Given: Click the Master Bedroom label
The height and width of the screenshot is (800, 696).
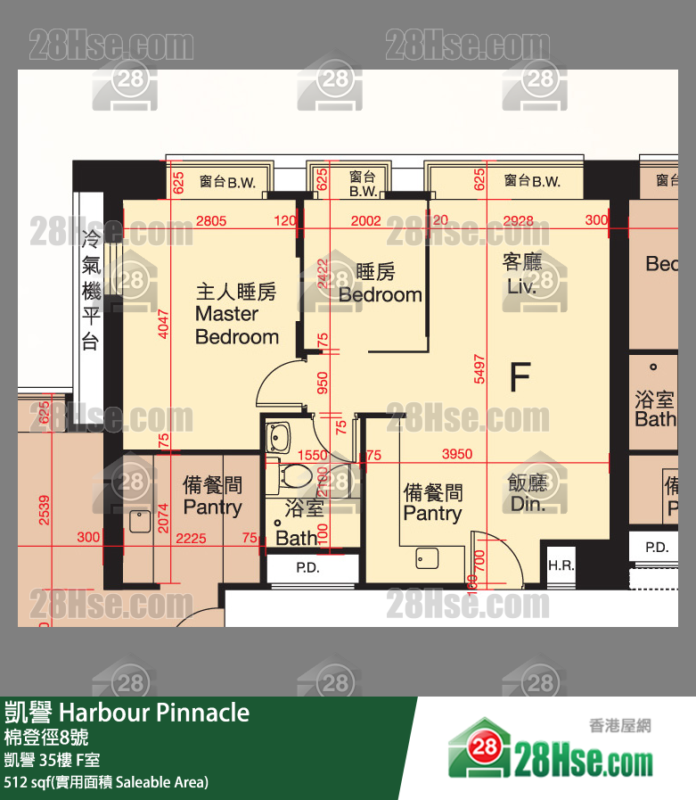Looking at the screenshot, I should coord(236,315).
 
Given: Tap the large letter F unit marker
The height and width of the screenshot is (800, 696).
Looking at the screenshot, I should coord(519,377).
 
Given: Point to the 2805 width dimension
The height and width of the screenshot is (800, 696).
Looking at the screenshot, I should coord(210,220).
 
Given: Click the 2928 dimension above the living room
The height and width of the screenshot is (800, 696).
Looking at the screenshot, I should coord(518,220).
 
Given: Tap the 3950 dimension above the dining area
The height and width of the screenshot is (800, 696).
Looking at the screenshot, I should coord(457,455).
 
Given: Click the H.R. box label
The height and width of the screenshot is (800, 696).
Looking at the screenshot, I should coord(561,565).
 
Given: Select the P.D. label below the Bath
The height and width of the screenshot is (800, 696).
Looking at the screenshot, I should coord(307,567).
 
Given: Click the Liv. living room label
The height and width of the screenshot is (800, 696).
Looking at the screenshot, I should coord(521,286).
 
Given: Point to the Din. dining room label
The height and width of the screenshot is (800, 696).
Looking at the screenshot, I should coord(528,504).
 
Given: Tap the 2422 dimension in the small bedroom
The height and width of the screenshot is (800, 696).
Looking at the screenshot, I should coord(323,275).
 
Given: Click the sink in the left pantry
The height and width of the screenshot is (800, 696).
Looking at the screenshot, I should coord(140,521).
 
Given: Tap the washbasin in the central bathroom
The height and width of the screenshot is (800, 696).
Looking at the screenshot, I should coord(279,437).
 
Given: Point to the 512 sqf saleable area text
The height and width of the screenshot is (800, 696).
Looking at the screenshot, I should coord(106,782).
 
